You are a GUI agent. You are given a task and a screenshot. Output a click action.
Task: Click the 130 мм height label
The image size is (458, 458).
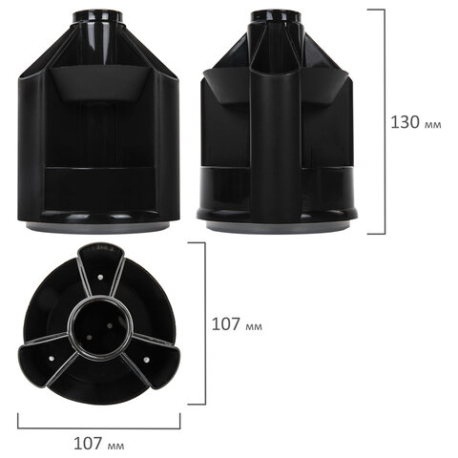[417, 122]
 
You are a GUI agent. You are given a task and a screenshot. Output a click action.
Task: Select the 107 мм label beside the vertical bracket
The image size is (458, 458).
[236, 324]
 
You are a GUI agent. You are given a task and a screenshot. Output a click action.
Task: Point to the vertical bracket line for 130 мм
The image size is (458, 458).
[384, 122]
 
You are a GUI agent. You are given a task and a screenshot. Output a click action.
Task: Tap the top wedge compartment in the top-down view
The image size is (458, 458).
[98, 272]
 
